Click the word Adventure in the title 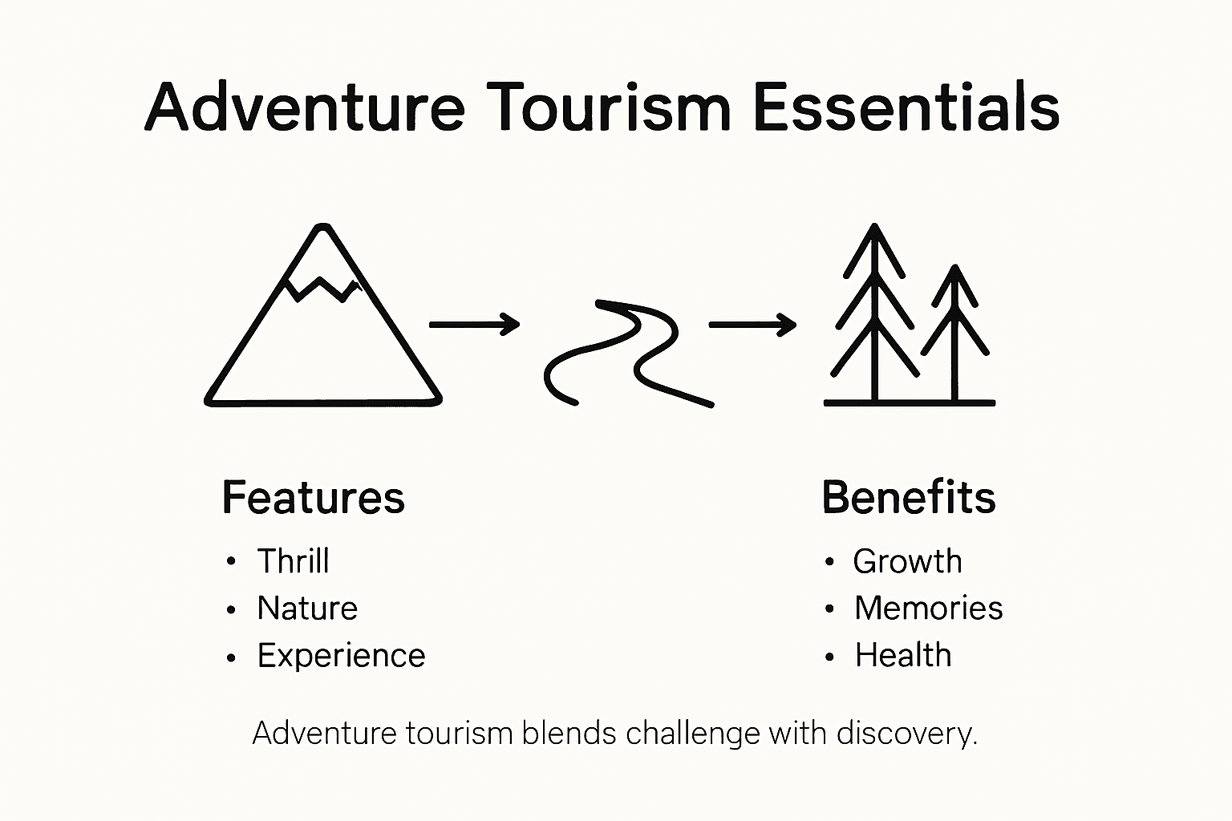coord(305,107)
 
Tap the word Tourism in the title coord(609,107)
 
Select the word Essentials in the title coord(907,107)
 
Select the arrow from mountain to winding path coord(474,324)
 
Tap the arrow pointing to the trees coord(752,325)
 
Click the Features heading coord(313,498)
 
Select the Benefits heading coord(909,498)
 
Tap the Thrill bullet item coord(293,561)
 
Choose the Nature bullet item coord(307,609)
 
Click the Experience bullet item coord(341,656)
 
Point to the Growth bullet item coord(907,561)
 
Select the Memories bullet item coord(928,609)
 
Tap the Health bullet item coord(903,656)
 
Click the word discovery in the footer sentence coord(906,734)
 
